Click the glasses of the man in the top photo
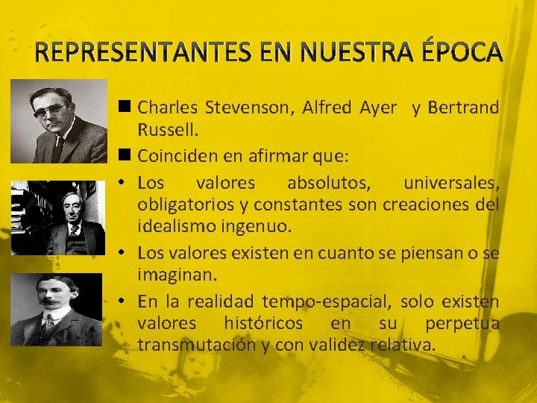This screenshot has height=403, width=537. coord(51,110)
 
